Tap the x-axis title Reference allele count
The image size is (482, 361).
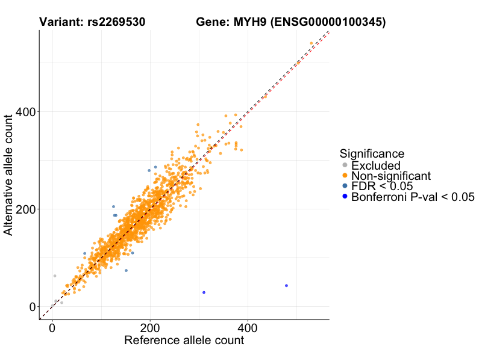click(184, 341)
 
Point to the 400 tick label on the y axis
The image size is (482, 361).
click(26, 112)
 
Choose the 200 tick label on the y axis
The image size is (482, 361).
click(26, 209)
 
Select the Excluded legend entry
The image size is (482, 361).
click(375, 165)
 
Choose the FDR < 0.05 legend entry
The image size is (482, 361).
click(381, 186)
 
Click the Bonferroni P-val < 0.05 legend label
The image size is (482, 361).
click(413, 197)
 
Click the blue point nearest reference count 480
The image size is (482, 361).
click(286, 286)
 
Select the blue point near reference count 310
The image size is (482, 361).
click(204, 292)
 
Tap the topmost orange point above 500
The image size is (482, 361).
click(311, 43)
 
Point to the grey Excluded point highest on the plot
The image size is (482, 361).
click(55, 276)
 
